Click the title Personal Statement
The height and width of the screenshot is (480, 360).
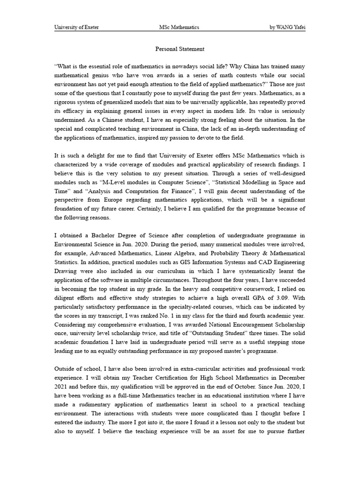point(180,49)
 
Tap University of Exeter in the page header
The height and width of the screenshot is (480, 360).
point(77,27)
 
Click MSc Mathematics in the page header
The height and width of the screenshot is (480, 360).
point(179,27)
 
